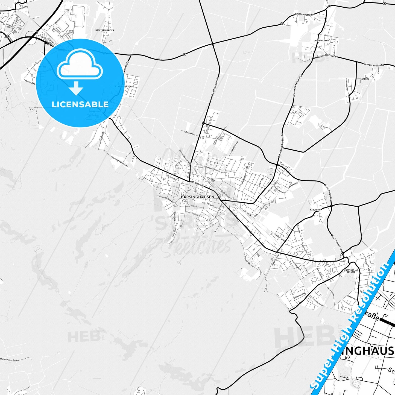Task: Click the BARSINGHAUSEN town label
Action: pos(197,197)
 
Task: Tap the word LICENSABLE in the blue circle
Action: pos(80,104)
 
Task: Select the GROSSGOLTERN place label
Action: pos(321,40)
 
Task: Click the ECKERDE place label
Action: pos(364,79)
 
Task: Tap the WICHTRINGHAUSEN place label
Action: pos(105,30)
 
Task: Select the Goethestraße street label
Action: pos(211,169)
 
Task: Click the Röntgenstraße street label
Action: pos(328,192)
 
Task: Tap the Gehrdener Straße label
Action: pos(374,65)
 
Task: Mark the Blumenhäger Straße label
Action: pos(10,360)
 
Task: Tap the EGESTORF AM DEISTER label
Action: pos(351,271)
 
